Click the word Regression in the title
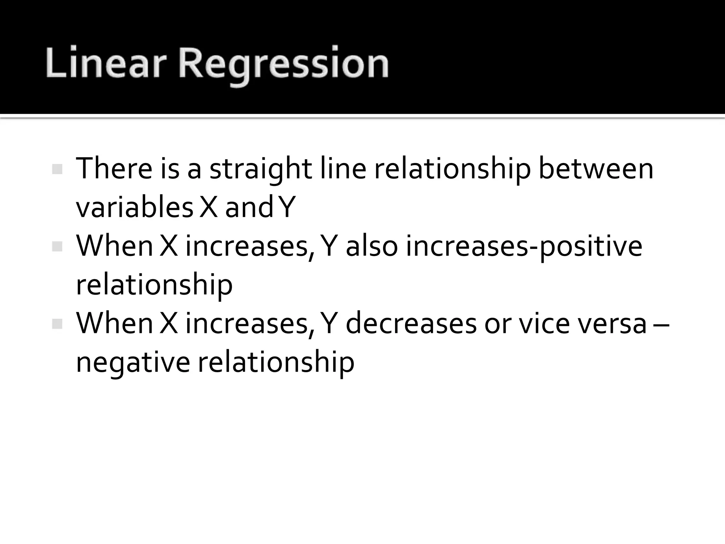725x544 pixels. [283, 66]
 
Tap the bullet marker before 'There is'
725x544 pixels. [57, 169]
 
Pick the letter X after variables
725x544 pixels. [209, 208]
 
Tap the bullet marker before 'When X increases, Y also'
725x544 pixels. [57, 246]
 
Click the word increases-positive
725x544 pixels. [524, 247]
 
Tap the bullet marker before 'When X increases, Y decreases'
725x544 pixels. [57, 324]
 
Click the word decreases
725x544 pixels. [411, 324]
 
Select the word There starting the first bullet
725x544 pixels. [114, 169]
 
